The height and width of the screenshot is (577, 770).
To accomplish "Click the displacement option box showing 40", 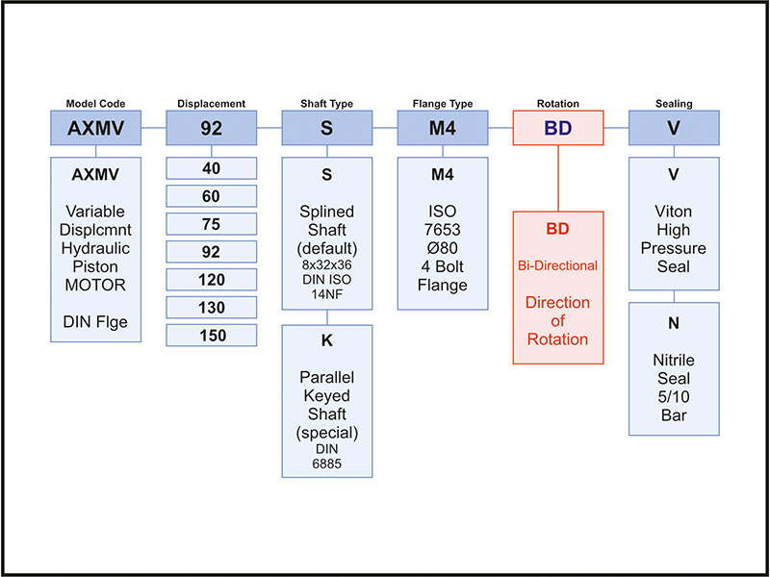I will pos(211,168).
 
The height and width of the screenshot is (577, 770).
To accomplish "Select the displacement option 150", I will pos(211,336).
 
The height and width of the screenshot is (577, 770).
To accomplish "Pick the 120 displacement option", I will pos(211,280).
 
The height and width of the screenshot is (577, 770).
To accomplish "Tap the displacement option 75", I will pos(211,224).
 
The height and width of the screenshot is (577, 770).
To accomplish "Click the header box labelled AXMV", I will pos(95,127).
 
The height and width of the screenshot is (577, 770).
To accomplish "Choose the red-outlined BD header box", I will pos(558,127).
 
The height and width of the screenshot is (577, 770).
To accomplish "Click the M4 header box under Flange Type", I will pos(443,127).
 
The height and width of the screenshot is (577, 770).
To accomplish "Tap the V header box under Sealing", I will pos(674,127).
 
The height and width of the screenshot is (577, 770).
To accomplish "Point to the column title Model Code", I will pos(95,103).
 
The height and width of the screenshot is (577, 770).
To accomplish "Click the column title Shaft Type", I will pos(327,103).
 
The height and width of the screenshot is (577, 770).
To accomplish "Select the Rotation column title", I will pos(558,103).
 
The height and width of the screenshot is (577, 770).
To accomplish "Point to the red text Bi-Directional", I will pos(558,264).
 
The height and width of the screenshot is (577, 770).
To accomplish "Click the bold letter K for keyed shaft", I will pos(327,340).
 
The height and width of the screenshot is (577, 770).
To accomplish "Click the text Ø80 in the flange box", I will pos(443,248).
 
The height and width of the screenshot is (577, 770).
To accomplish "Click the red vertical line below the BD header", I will pos(559,178).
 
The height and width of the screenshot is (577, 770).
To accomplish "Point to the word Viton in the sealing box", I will pos(674,212).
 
